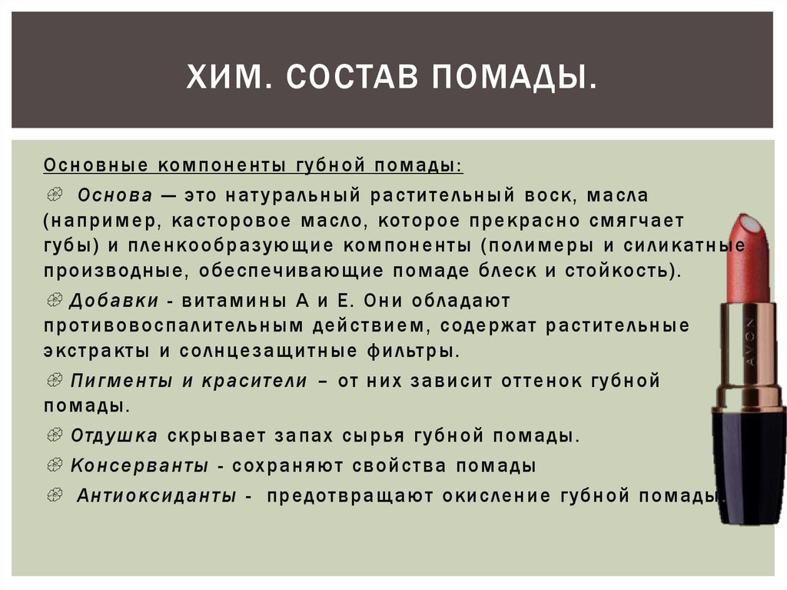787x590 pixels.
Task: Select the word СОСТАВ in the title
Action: point(352,76)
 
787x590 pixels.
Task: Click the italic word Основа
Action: point(115,195)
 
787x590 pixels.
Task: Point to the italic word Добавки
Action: point(114,301)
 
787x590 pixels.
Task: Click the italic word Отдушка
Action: point(114,435)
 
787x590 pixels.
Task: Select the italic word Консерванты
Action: point(139,465)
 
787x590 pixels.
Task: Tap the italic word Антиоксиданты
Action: point(156,495)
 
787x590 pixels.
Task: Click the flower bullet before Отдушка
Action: point(55,435)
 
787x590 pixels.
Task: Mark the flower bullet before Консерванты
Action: point(55,465)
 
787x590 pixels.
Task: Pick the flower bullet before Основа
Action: point(55,195)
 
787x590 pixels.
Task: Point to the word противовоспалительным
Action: point(174,325)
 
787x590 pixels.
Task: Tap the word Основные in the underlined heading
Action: point(95,165)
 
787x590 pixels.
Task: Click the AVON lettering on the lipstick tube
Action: point(750,342)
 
